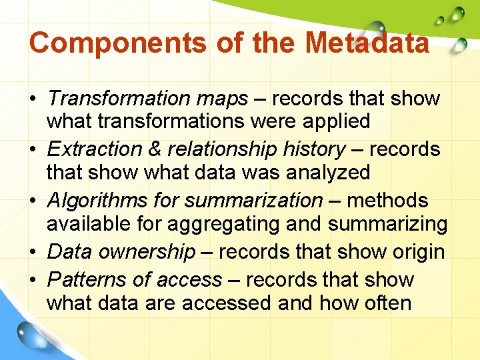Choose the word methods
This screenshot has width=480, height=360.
click(x=387, y=200)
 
